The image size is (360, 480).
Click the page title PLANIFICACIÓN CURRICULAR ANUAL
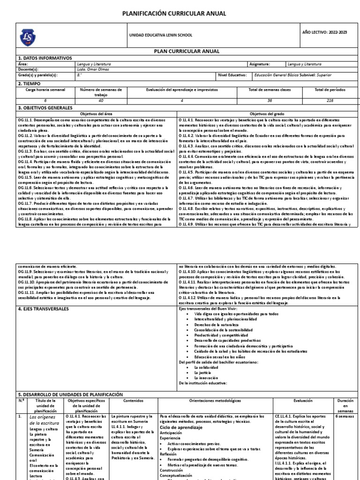[x=180, y=14]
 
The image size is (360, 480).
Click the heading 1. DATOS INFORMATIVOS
[x=42, y=58]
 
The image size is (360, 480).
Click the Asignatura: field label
[x=259, y=64]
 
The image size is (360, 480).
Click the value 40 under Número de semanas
[x=100, y=100]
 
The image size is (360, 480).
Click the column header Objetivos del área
[x=97, y=114]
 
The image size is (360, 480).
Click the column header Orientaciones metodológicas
[x=215, y=401]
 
